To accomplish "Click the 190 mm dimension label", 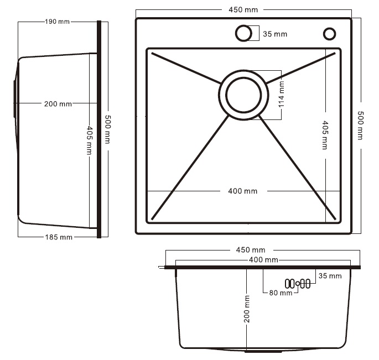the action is pos(58,22).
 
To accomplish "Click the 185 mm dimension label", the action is pos(59,237).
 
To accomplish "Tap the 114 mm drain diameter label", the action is pos(282,94).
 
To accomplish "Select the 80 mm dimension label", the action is pos(281,293).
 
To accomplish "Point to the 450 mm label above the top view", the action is pos(243,9).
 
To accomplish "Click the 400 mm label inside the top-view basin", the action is pos(243,191).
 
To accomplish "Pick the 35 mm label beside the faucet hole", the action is pos(275,34).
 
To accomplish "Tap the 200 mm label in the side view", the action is pos(58,104).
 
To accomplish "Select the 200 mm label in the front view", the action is pos(247,309).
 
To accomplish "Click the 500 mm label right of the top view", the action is pos(360,126).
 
